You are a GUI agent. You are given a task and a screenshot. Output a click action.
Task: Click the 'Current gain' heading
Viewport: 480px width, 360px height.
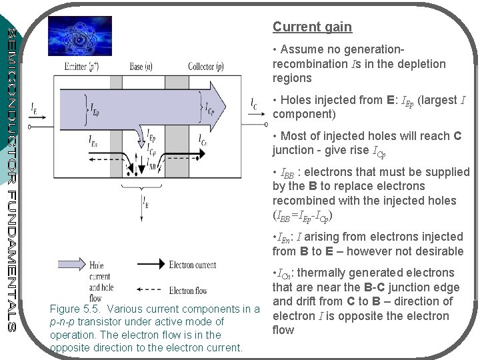(x=312, y=27)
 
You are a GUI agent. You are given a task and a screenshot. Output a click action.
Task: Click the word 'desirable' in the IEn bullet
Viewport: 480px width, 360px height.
(x=437, y=251)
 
